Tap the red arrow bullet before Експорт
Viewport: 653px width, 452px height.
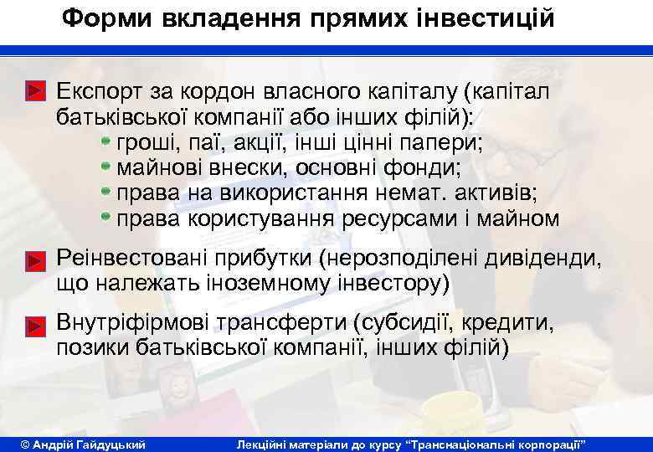tap(34, 87)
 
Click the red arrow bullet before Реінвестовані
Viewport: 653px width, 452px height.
tap(34, 260)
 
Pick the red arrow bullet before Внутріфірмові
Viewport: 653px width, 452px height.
tap(34, 325)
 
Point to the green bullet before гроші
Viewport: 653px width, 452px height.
tap(106, 134)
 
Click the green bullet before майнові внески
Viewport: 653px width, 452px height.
tap(106, 161)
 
